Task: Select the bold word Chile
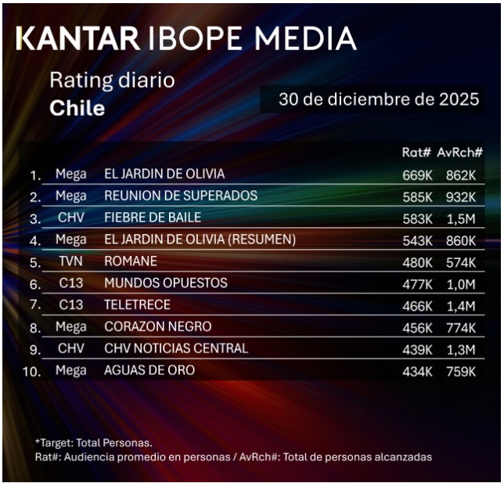(77, 108)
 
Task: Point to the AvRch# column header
(459, 153)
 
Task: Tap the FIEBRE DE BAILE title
(153, 217)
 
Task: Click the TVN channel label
(70, 261)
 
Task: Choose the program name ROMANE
(130, 261)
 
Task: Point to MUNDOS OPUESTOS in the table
(166, 283)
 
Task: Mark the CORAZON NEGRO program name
(157, 326)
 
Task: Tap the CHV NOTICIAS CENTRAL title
(175, 348)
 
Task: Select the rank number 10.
(31, 372)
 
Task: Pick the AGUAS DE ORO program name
(149, 370)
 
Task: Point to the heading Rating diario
(112, 80)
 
